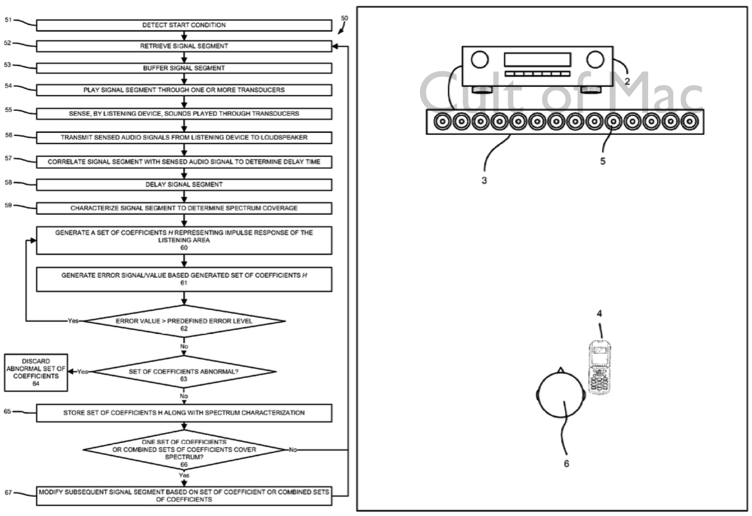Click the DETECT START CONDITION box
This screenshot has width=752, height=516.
pos(183,25)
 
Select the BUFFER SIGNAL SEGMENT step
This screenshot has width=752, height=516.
pos(183,67)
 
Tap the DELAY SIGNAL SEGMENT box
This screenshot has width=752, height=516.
pos(183,185)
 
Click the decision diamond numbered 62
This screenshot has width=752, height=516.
pos(184,321)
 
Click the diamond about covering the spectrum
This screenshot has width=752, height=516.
pos(184,450)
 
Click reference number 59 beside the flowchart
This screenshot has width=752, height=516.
pos(8,204)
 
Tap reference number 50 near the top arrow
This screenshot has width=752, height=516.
pos(344,18)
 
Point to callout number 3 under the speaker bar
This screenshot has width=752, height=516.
pos(484,180)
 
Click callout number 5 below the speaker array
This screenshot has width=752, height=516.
pos(603,161)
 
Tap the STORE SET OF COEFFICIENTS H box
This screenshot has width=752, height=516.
pos(183,413)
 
